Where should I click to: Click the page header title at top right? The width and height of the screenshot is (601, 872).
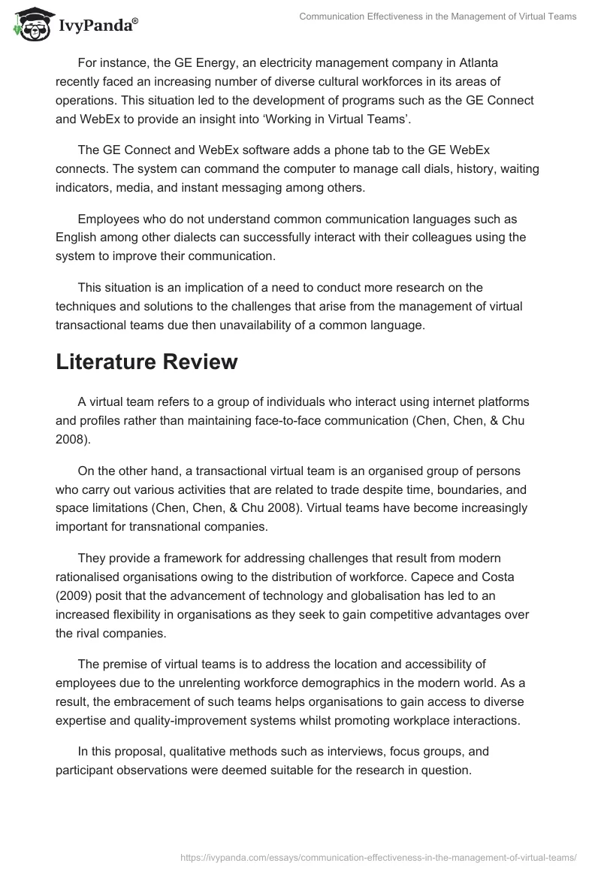click(x=438, y=17)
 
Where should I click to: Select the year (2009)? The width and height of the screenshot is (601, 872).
click(x=74, y=596)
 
